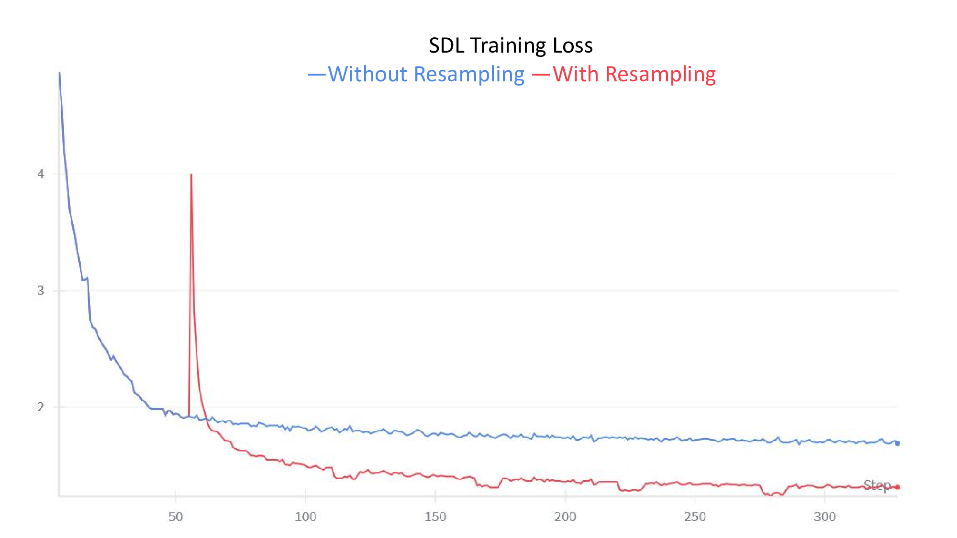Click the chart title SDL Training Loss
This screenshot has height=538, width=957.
[511, 45]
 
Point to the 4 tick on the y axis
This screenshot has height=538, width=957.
[41, 174]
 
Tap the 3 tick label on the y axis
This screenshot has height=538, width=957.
[41, 290]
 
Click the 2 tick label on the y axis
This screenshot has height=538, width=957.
[41, 407]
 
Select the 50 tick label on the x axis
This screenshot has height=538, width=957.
[176, 516]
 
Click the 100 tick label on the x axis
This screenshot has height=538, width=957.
[305, 516]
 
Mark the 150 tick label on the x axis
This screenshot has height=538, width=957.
[435, 516]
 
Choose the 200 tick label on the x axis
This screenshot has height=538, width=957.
[565, 516]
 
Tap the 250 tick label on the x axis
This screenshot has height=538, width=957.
[695, 516]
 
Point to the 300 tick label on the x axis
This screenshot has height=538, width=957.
[824, 516]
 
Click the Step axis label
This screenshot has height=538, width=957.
[877, 485]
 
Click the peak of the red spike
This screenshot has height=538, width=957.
[191, 175]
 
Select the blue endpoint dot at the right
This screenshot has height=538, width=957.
[898, 443]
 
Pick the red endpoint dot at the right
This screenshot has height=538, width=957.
[898, 487]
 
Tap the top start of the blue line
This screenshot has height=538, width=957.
[59, 73]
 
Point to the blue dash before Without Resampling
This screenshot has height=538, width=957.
[316, 74]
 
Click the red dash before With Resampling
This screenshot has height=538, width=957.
[541, 74]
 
